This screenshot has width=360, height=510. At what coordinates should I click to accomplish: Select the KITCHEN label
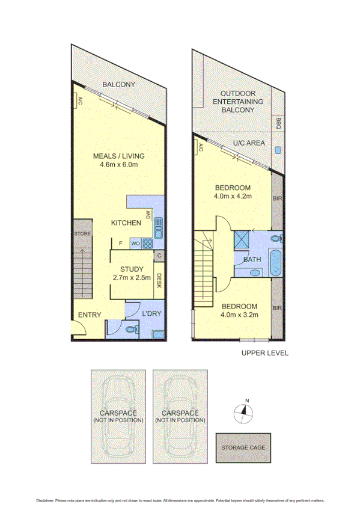tap(126, 223)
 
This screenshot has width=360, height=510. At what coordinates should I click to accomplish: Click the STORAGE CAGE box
tap(243, 447)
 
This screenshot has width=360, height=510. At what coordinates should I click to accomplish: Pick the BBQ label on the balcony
tap(278, 123)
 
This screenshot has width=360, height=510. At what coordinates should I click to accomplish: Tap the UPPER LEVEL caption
tap(264, 353)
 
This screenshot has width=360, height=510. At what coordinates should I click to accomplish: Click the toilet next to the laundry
tap(131, 329)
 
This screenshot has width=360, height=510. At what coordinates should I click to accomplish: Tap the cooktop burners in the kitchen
tap(148, 244)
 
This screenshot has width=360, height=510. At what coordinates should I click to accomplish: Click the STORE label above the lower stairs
tap(82, 233)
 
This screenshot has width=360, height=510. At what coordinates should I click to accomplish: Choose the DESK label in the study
tap(159, 281)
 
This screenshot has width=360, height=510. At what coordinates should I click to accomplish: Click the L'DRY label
tap(151, 315)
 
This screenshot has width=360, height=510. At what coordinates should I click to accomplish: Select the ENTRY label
tap(90, 315)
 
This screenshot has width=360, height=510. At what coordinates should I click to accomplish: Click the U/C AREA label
tap(246, 143)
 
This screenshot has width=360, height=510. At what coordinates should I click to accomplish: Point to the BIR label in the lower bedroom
tap(277, 309)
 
